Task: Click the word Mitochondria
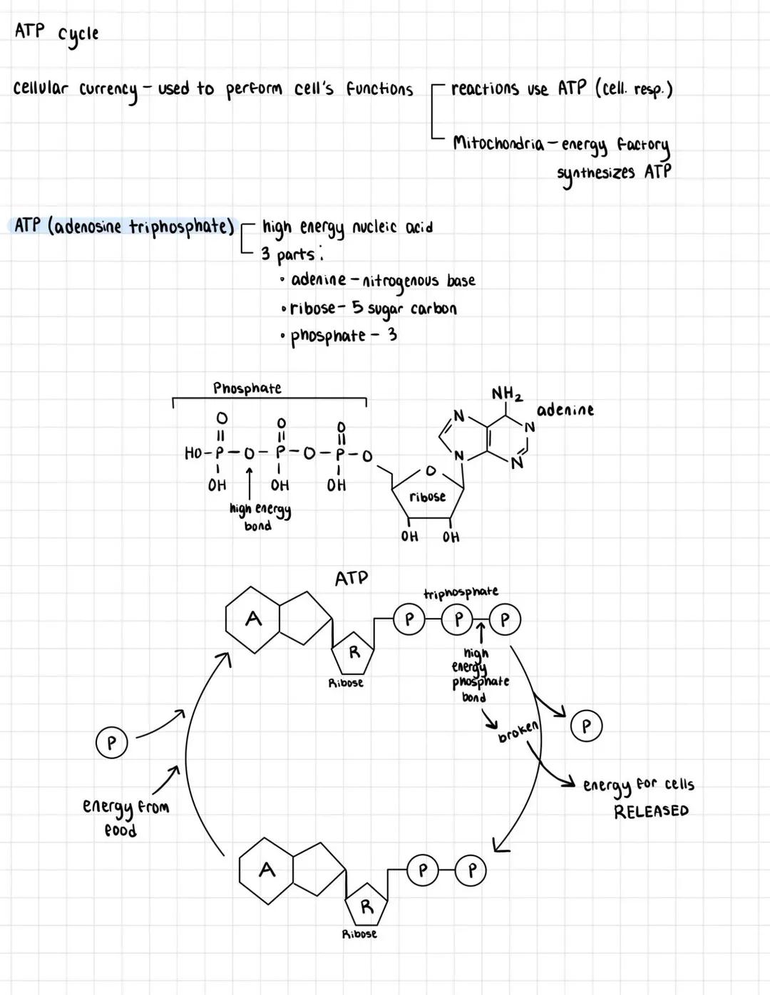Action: (x=498, y=143)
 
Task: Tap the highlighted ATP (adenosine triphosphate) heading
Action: (x=125, y=227)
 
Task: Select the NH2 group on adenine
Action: (x=507, y=394)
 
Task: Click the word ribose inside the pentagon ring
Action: (x=427, y=497)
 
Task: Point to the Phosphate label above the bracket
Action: (x=247, y=388)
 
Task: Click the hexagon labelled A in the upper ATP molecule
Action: (x=252, y=619)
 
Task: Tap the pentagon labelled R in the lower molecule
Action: (x=366, y=907)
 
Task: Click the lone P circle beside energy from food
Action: (x=111, y=743)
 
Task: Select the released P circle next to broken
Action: (x=586, y=726)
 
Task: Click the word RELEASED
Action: (x=651, y=811)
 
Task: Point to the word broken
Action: (x=519, y=733)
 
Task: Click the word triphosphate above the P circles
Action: (x=461, y=592)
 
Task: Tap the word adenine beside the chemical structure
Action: (x=565, y=410)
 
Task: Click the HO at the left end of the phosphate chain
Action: (x=194, y=453)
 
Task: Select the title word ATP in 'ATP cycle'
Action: (x=29, y=31)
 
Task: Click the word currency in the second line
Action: (x=108, y=91)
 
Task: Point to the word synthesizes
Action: (x=595, y=173)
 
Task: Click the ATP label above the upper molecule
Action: (x=351, y=578)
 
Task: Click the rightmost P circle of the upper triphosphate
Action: (x=505, y=620)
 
